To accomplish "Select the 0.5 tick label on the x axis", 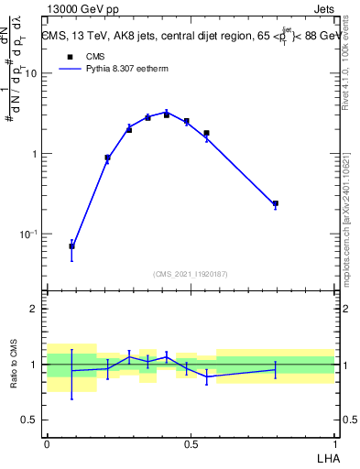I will tap(191, 442).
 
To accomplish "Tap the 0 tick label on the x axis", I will tap(47, 442).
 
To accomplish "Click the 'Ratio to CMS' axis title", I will tap(13, 364).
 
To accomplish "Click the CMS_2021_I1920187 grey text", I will tap(191, 274).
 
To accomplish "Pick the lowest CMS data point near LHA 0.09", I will tap(71, 246).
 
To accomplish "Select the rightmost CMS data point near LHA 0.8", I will tap(275, 203).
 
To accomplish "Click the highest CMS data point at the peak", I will tap(167, 115).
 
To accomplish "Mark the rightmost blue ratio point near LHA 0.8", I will tap(275, 369).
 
